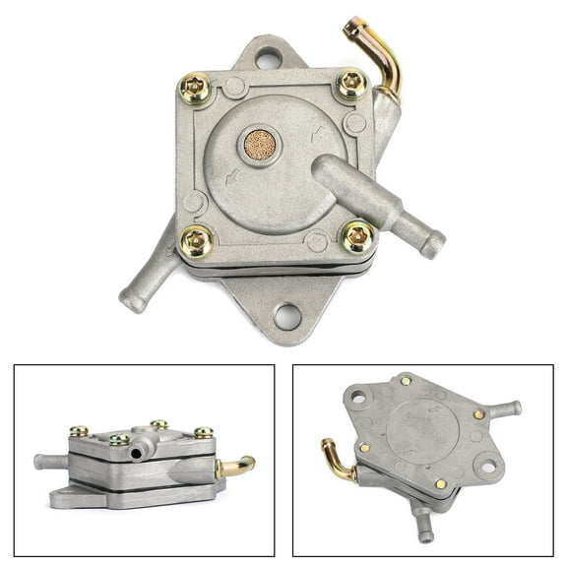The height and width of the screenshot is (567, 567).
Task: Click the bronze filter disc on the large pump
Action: pyautogui.click(x=260, y=146)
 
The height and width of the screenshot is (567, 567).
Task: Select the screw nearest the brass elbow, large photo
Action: pyautogui.click(x=352, y=85)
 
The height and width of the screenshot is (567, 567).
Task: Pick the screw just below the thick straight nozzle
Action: pyautogui.click(x=356, y=236)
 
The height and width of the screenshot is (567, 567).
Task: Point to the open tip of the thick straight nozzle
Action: pyautogui.click(x=434, y=242)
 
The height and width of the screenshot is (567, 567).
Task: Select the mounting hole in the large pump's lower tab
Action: pyautogui.click(x=287, y=316)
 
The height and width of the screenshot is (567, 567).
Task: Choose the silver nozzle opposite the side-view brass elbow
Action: pyautogui.click(x=50, y=461)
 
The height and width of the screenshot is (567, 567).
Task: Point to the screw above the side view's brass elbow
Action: pyautogui.click(x=204, y=432)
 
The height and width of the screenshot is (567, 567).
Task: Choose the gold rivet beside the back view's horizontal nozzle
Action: pyautogui.click(x=477, y=415)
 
